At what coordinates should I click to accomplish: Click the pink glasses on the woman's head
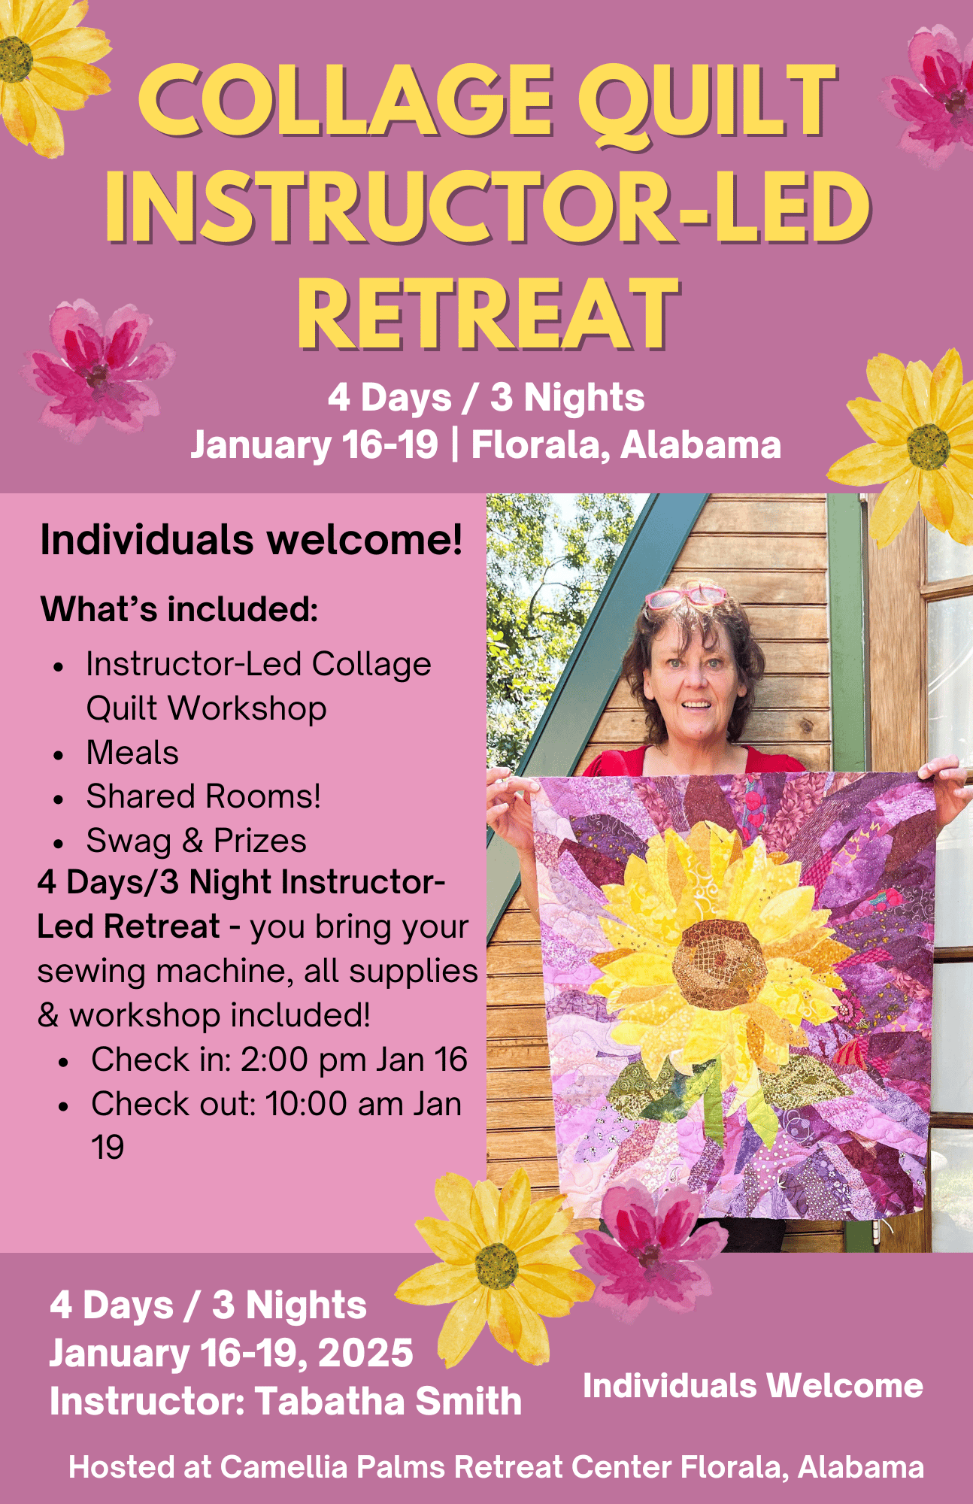click(x=686, y=598)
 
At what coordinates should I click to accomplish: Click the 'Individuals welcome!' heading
click(x=251, y=540)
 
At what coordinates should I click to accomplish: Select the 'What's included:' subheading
click(x=180, y=609)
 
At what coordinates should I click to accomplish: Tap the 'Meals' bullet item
click(x=132, y=753)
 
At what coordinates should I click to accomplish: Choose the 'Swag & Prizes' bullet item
click(x=196, y=841)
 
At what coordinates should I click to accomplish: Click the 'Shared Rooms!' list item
click(x=204, y=796)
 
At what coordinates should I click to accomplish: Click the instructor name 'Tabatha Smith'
click(x=388, y=1402)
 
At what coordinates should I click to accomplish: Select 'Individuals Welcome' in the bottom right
click(x=753, y=1386)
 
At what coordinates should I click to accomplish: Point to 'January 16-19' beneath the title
click(x=314, y=444)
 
